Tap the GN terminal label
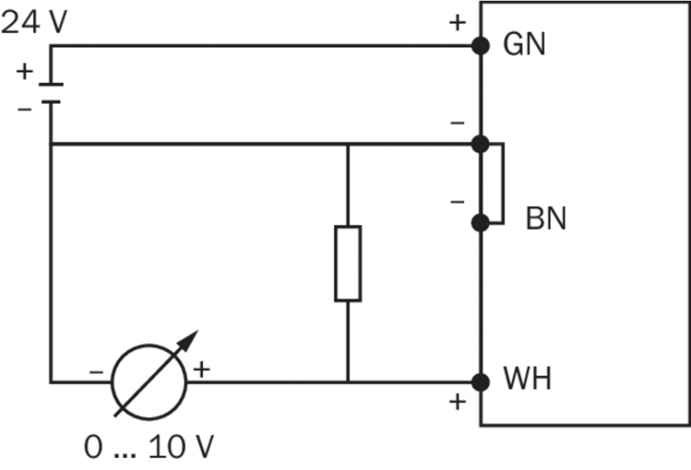[524, 45]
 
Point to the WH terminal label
[527, 381]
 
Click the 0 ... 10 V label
[149, 447]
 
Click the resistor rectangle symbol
[348, 263]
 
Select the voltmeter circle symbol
[150, 382]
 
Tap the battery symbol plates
[50, 92]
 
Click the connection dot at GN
[481, 45]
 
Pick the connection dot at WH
[481, 382]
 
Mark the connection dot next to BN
[481, 222]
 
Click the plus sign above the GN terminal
[457, 23]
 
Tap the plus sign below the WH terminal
[457, 404]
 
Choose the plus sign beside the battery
[25, 72]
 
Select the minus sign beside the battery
[25, 108]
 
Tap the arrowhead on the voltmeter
[188, 340]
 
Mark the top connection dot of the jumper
[481, 144]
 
